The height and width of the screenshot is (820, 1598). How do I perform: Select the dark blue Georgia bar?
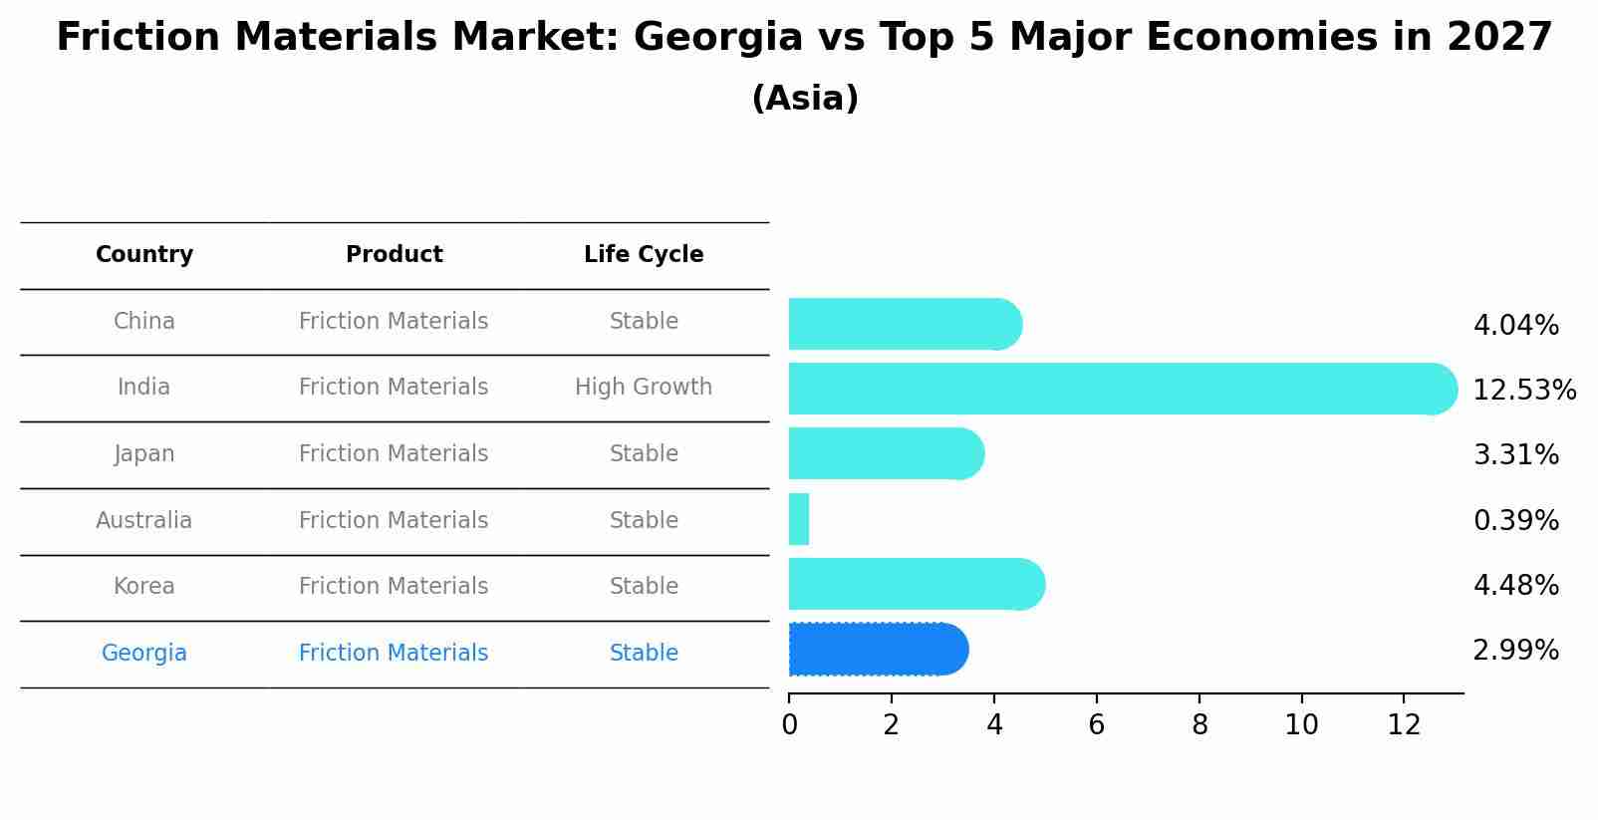click(877, 650)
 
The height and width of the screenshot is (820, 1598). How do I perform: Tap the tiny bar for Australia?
click(799, 519)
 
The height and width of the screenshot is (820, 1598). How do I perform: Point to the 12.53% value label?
click(1523, 391)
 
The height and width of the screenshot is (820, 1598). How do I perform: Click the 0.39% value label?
click(1515, 521)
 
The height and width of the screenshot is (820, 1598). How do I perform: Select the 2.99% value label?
click(1515, 651)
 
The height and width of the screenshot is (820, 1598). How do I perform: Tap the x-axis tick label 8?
click(1199, 725)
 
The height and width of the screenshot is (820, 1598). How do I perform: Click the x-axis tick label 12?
click(1404, 725)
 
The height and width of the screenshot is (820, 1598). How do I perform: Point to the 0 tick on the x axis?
click(789, 725)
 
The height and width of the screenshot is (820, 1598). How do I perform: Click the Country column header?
click(144, 255)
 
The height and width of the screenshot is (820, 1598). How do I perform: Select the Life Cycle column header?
click(644, 255)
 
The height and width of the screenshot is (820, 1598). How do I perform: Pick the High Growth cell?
click(644, 388)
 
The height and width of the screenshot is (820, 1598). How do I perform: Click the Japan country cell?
click(144, 454)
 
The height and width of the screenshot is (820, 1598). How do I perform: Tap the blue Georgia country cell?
click(144, 654)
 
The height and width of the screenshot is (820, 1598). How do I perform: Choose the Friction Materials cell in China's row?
click(394, 322)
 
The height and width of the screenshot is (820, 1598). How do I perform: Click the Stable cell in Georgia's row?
click(644, 654)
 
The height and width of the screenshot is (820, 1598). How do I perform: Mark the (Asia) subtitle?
click(805, 99)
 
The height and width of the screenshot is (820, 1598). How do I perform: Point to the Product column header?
click(394, 255)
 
